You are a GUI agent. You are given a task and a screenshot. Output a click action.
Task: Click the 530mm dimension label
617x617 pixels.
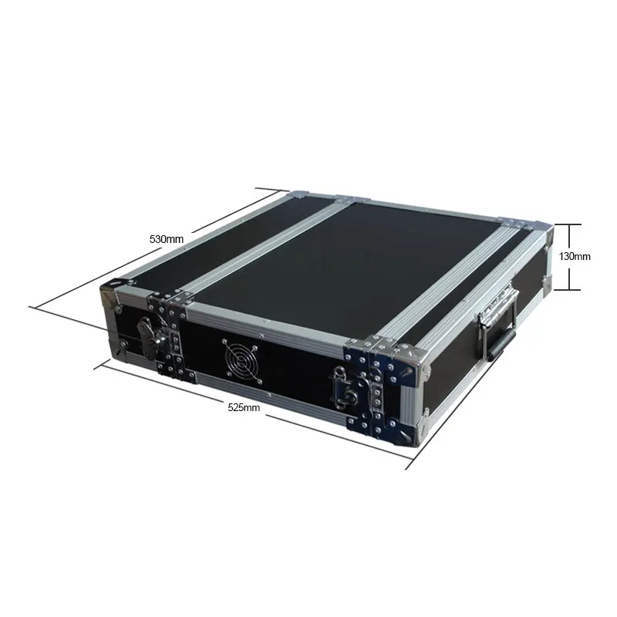click(167, 239)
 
